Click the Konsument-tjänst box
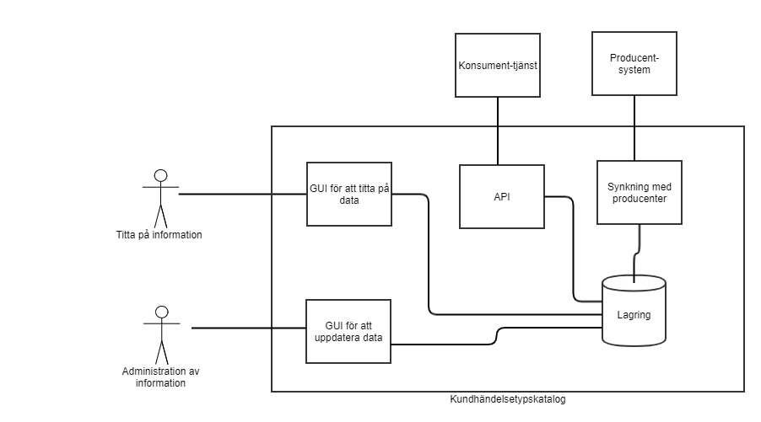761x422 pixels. tap(497, 65)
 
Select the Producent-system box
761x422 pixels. tap(634, 63)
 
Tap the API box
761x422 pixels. tap(501, 196)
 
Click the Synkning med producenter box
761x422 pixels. tap(639, 192)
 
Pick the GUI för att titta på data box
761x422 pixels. tap(349, 195)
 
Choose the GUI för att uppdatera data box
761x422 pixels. tap(349, 330)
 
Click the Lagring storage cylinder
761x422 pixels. tap(633, 310)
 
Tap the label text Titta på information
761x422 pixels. tap(159, 235)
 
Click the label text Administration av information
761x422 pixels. tap(159, 377)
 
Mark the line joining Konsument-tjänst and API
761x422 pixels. tap(498, 130)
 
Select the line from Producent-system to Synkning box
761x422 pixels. tap(634, 126)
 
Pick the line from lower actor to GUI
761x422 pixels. tap(249, 328)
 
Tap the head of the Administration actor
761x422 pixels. tap(161, 311)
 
